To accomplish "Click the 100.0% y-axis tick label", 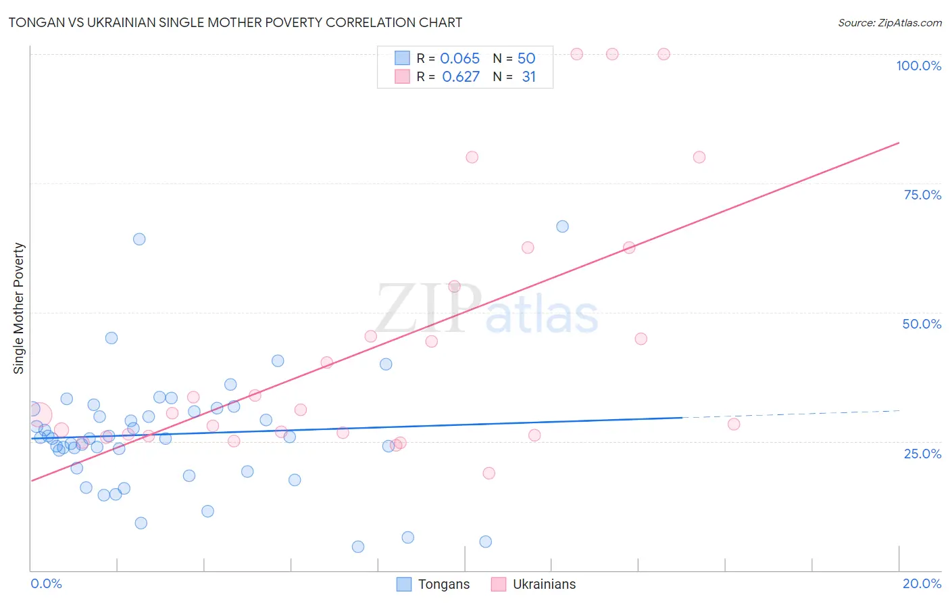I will pyautogui.click(x=918, y=66).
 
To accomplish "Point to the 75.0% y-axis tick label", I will pyautogui.click(x=922, y=195).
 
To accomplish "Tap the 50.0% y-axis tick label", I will pyautogui.click(x=922, y=324).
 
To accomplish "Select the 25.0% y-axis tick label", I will pyautogui.click(x=922, y=454).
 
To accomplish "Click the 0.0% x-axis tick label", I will pyautogui.click(x=46, y=583).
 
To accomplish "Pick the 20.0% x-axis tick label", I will pyautogui.click(x=922, y=583).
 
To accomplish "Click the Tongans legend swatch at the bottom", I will pyautogui.click(x=404, y=584).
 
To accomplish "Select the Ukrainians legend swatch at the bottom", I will pyautogui.click(x=499, y=584).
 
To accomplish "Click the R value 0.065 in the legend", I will pyautogui.click(x=459, y=59).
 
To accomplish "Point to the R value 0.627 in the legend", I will pyautogui.click(x=460, y=77).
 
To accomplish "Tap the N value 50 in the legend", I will pyautogui.click(x=526, y=59).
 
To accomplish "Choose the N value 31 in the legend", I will pyautogui.click(x=528, y=77).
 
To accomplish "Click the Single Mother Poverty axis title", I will pyautogui.click(x=19, y=308).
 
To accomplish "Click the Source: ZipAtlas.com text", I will pyautogui.click(x=889, y=23).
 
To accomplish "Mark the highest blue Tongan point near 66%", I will pyautogui.click(x=562, y=226).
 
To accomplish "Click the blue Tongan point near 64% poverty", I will pyautogui.click(x=139, y=239).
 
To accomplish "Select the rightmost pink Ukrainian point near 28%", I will pyautogui.click(x=734, y=425).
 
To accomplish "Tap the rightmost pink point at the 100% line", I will pyautogui.click(x=664, y=54).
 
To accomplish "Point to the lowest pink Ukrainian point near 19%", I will pyautogui.click(x=489, y=473).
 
